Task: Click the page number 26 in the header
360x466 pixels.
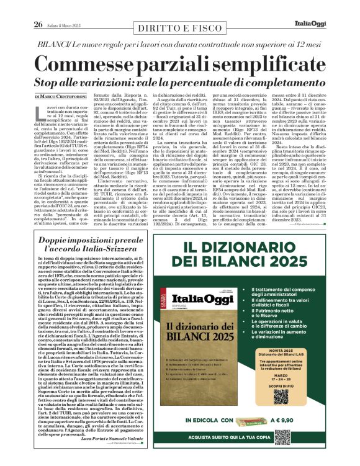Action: [x=38, y=7]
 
